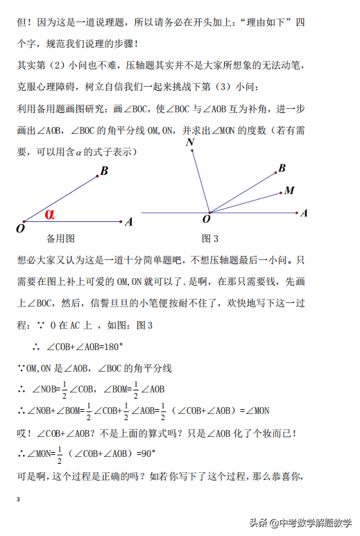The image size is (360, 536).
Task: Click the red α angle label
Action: coord(49,214)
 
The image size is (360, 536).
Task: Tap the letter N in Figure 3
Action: coord(189,143)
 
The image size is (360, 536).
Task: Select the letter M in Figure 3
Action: coord(289,190)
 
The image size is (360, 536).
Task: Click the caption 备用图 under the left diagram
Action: coord(60,239)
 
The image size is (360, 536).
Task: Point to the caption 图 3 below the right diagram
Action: coord(210,239)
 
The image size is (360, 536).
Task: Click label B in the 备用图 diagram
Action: coord(104,171)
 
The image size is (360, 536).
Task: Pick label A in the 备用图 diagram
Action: coord(129,223)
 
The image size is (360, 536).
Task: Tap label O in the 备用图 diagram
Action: coord(20,227)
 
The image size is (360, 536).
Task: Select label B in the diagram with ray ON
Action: coord(282,168)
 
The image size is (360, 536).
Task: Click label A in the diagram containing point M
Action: coord(304,214)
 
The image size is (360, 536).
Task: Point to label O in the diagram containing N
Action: coord(206,220)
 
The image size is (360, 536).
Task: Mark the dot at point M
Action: coord(280,192)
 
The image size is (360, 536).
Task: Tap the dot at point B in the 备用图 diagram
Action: coord(96,176)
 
